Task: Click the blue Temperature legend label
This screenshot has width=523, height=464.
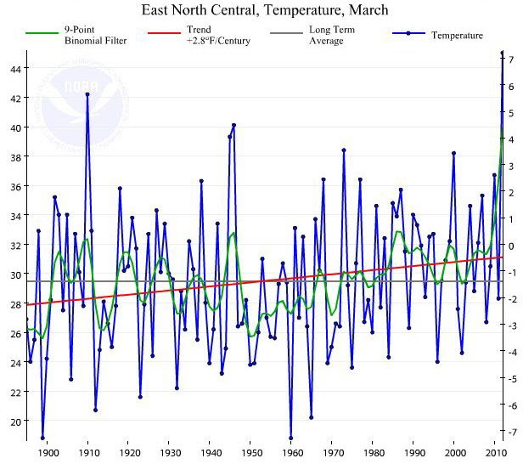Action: coord(457,35)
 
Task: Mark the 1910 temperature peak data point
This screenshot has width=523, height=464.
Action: coord(87,94)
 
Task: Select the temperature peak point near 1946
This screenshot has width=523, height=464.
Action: coord(233,125)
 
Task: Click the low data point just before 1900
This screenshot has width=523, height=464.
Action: coord(42,438)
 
